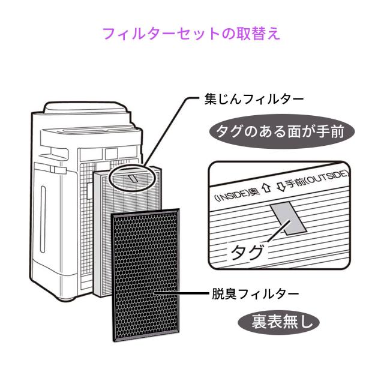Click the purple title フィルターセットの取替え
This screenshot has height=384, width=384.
click(191, 33)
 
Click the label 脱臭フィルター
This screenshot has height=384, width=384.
click(254, 294)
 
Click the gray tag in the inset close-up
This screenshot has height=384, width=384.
click(287, 218)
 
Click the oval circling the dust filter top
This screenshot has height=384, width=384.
click(131, 178)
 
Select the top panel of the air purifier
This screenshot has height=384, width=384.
click(88, 111)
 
